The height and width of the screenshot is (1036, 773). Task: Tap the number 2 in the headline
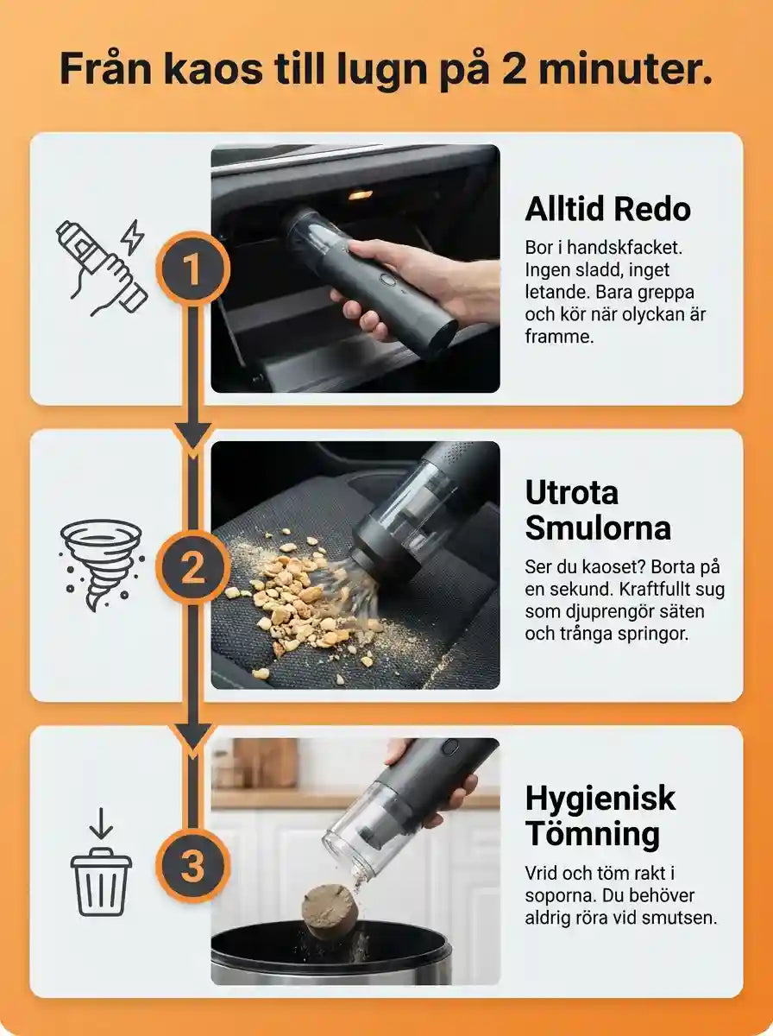coord(516,69)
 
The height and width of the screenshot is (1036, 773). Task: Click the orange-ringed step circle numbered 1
coord(193,269)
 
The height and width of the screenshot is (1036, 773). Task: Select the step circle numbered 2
coord(193,567)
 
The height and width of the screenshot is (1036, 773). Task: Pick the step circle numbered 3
coord(193,865)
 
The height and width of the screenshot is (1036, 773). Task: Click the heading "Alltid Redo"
coord(607,209)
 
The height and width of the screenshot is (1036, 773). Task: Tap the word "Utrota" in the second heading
coord(572,492)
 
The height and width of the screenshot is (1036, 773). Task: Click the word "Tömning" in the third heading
coord(593,834)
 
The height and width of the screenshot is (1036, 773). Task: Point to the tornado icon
coord(101,565)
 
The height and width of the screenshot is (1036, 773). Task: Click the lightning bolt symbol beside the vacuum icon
coord(132,237)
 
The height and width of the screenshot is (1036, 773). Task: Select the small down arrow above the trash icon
coord(101,824)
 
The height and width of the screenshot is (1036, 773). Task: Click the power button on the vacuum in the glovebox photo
coord(388,279)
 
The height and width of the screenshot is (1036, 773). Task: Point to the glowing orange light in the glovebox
coord(361,194)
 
